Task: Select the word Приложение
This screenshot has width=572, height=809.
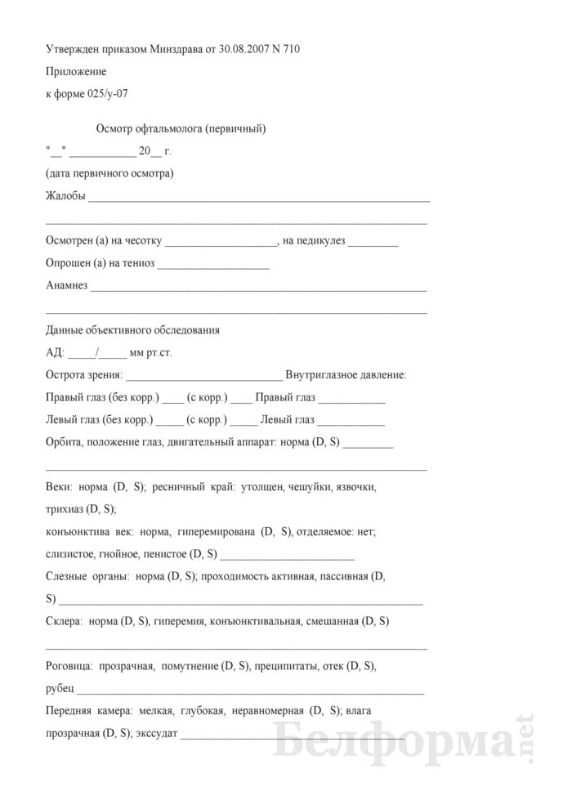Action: (76, 72)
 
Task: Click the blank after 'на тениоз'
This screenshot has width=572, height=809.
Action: (213, 263)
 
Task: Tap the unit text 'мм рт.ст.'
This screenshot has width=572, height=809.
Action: (151, 353)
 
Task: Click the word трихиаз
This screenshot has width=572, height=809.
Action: (65, 508)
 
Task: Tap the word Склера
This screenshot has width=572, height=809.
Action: (64, 621)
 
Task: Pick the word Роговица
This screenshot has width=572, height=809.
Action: (68, 666)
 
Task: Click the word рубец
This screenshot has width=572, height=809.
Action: (60, 689)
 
